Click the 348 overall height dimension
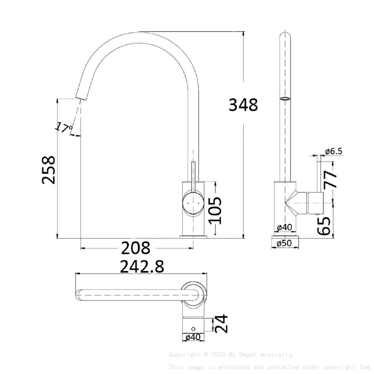coord(243,105)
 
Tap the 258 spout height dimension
coord(49,169)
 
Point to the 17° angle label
coord(64,128)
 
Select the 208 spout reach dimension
coord(136,249)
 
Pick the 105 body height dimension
coord(214,210)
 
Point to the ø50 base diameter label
coord(285,243)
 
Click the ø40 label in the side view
coord(285,227)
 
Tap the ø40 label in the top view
coord(193,337)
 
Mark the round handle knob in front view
coord(192,202)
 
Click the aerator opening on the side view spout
coord(286,98)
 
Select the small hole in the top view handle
coord(193,329)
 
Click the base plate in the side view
coord(286,242)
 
